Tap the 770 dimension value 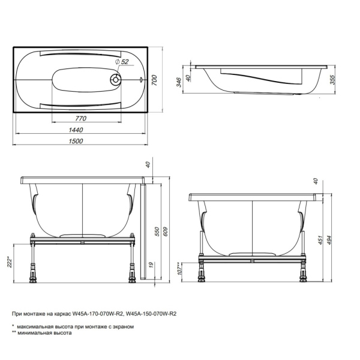pyautogui.click(x=82, y=118)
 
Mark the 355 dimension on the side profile pyautogui.click(x=333, y=80)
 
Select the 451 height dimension pyautogui.click(x=321, y=241)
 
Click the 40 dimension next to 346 pyautogui.click(x=190, y=77)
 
